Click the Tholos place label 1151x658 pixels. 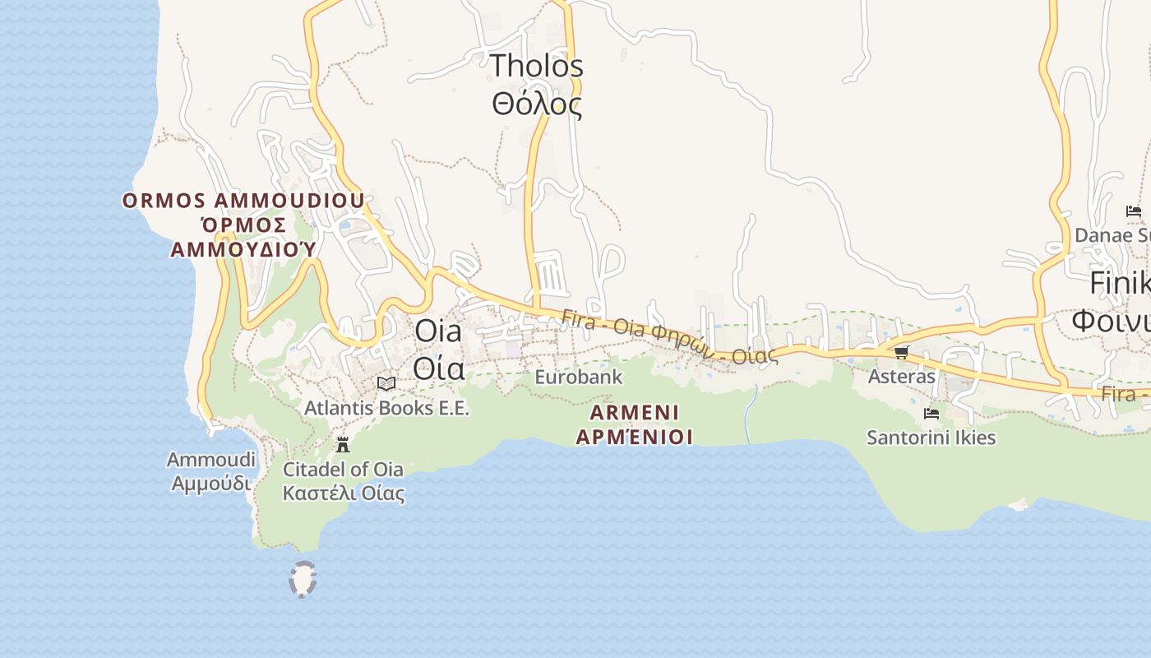537,66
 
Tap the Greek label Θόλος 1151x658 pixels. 537,104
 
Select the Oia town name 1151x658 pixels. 438,331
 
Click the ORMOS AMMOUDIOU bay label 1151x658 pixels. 243,201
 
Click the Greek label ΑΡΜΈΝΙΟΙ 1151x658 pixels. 634,437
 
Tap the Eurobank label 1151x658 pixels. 578,378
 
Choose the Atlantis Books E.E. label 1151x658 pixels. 386,408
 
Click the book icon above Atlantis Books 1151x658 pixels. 386,383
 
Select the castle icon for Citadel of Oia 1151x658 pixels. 343,445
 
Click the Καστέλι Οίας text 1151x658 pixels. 344,493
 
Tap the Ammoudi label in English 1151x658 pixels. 211,460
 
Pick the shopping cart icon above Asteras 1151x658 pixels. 901,353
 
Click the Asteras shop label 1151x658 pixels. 902,377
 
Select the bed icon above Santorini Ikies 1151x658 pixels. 931,414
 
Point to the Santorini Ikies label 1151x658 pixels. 931,438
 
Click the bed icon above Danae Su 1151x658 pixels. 1133,211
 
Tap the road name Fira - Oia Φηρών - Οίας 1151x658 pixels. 670,336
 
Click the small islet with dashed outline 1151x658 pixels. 303,579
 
